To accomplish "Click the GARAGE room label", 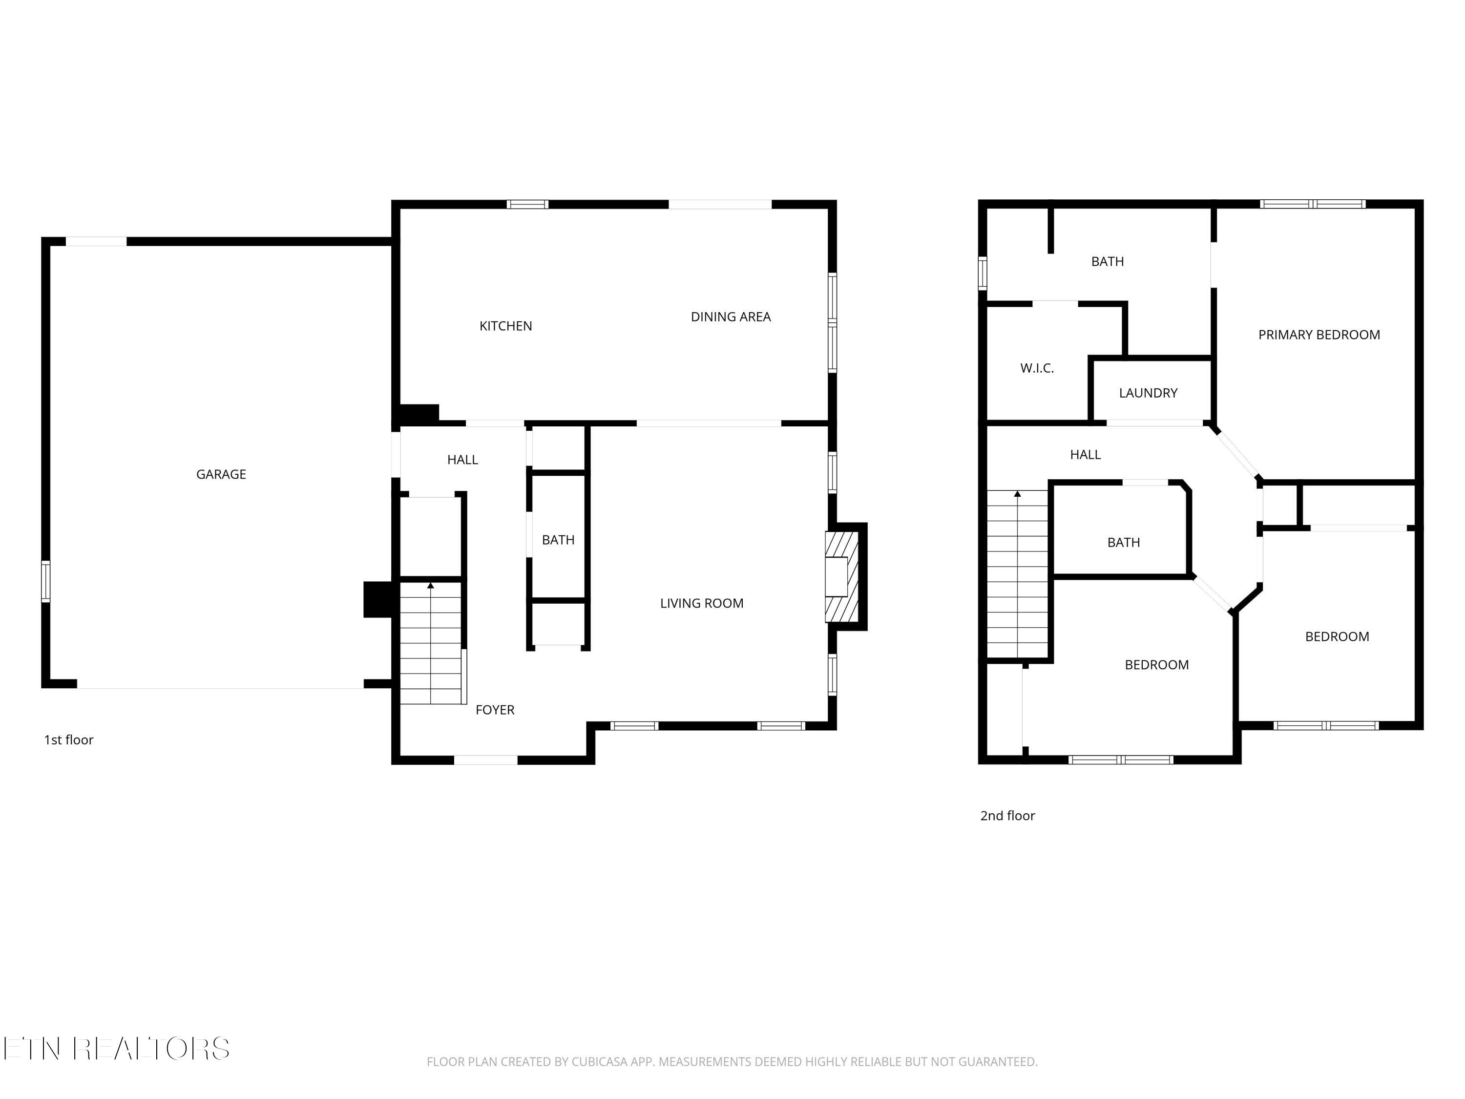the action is pos(221,474).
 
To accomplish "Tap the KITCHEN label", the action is pos(506,326).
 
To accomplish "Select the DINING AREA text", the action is pos(731,317).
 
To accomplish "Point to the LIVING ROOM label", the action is pos(702,603).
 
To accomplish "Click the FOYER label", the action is pos(495,710).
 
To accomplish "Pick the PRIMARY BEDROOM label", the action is pos(1319,335).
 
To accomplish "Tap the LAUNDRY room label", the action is pos(1149,393).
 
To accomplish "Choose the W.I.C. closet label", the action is pos(1037,368).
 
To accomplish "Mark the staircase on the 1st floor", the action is pos(431,643).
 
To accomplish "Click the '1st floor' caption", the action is pos(69,740).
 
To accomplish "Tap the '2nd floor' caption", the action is pos(1007,816).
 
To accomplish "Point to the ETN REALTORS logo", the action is pos(117,1048).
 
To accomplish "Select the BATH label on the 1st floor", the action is pos(558,540).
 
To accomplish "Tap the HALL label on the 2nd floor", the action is pos(1086,454).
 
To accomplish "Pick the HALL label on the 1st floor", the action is pos(462,460).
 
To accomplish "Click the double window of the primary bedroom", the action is pos(1313,204).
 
